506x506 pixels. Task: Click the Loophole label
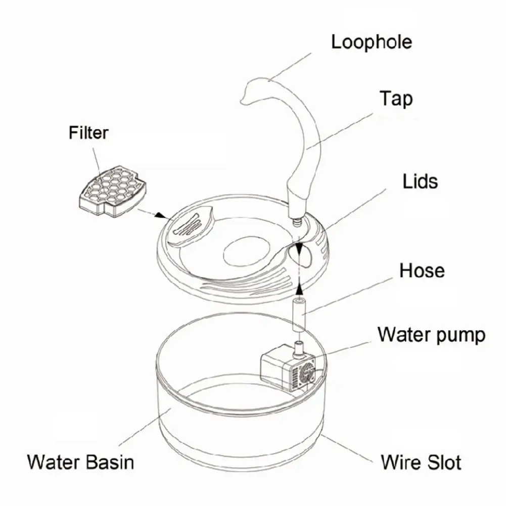coord(371,41)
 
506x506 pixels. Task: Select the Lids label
coord(420,180)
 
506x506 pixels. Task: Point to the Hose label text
coord(422,270)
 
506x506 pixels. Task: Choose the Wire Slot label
coord(421,462)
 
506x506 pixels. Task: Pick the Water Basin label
coord(81,462)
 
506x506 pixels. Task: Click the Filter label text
coord(88,133)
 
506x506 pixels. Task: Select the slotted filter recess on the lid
coord(189,226)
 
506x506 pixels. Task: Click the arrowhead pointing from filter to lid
coord(161,215)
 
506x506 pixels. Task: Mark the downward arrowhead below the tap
coord(300,249)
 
